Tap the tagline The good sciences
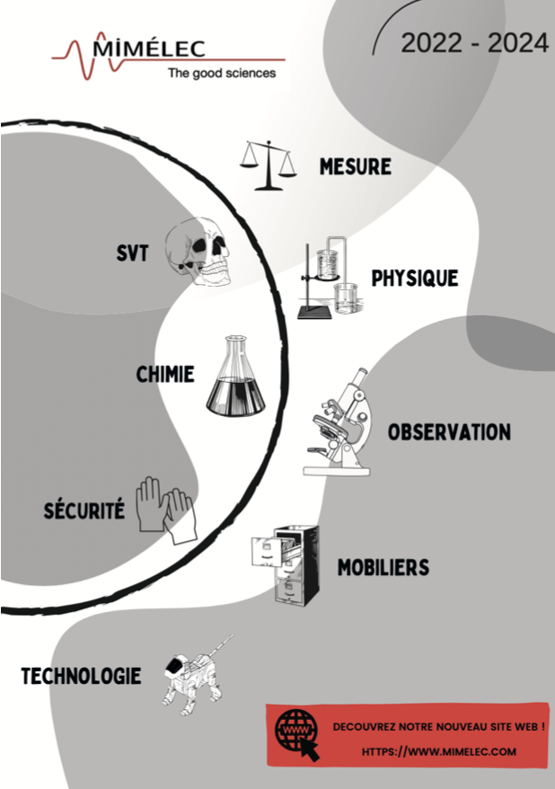pyautogui.click(x=222, y=73)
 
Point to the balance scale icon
pyautogui.click(x=268, y=164)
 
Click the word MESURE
pyautogui.click(x=356, y=166)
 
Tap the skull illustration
pyautogui.click(x=203, y=252)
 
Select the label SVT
pyautogui.click(x=132, y=253)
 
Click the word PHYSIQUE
pyautogui.click(x=415, y=278)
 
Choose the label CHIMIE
pyautogui.click(x=165, y=374)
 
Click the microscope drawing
pyautogui.click(x=339, y=422)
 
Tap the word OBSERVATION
pyautogui.click(x=449, y=432)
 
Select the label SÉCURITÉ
pyautogui.click(x=84, y=510)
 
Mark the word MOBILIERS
pyautogui.click(x=383, y=568)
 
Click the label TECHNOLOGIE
pyautogui.click(x=81, y=676)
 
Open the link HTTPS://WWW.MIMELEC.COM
pyautogui.click(x=439, y=751)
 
